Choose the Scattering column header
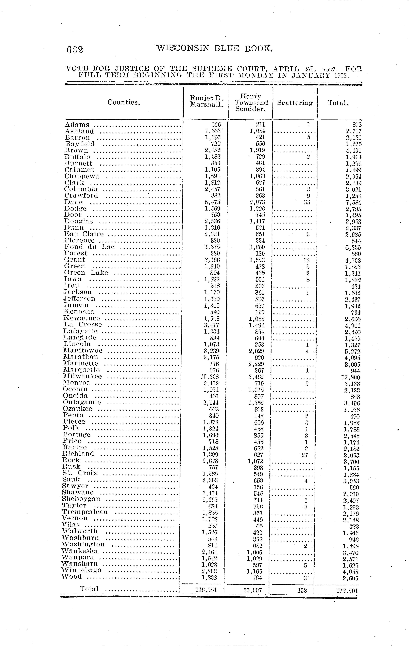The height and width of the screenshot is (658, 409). [295, 103]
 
